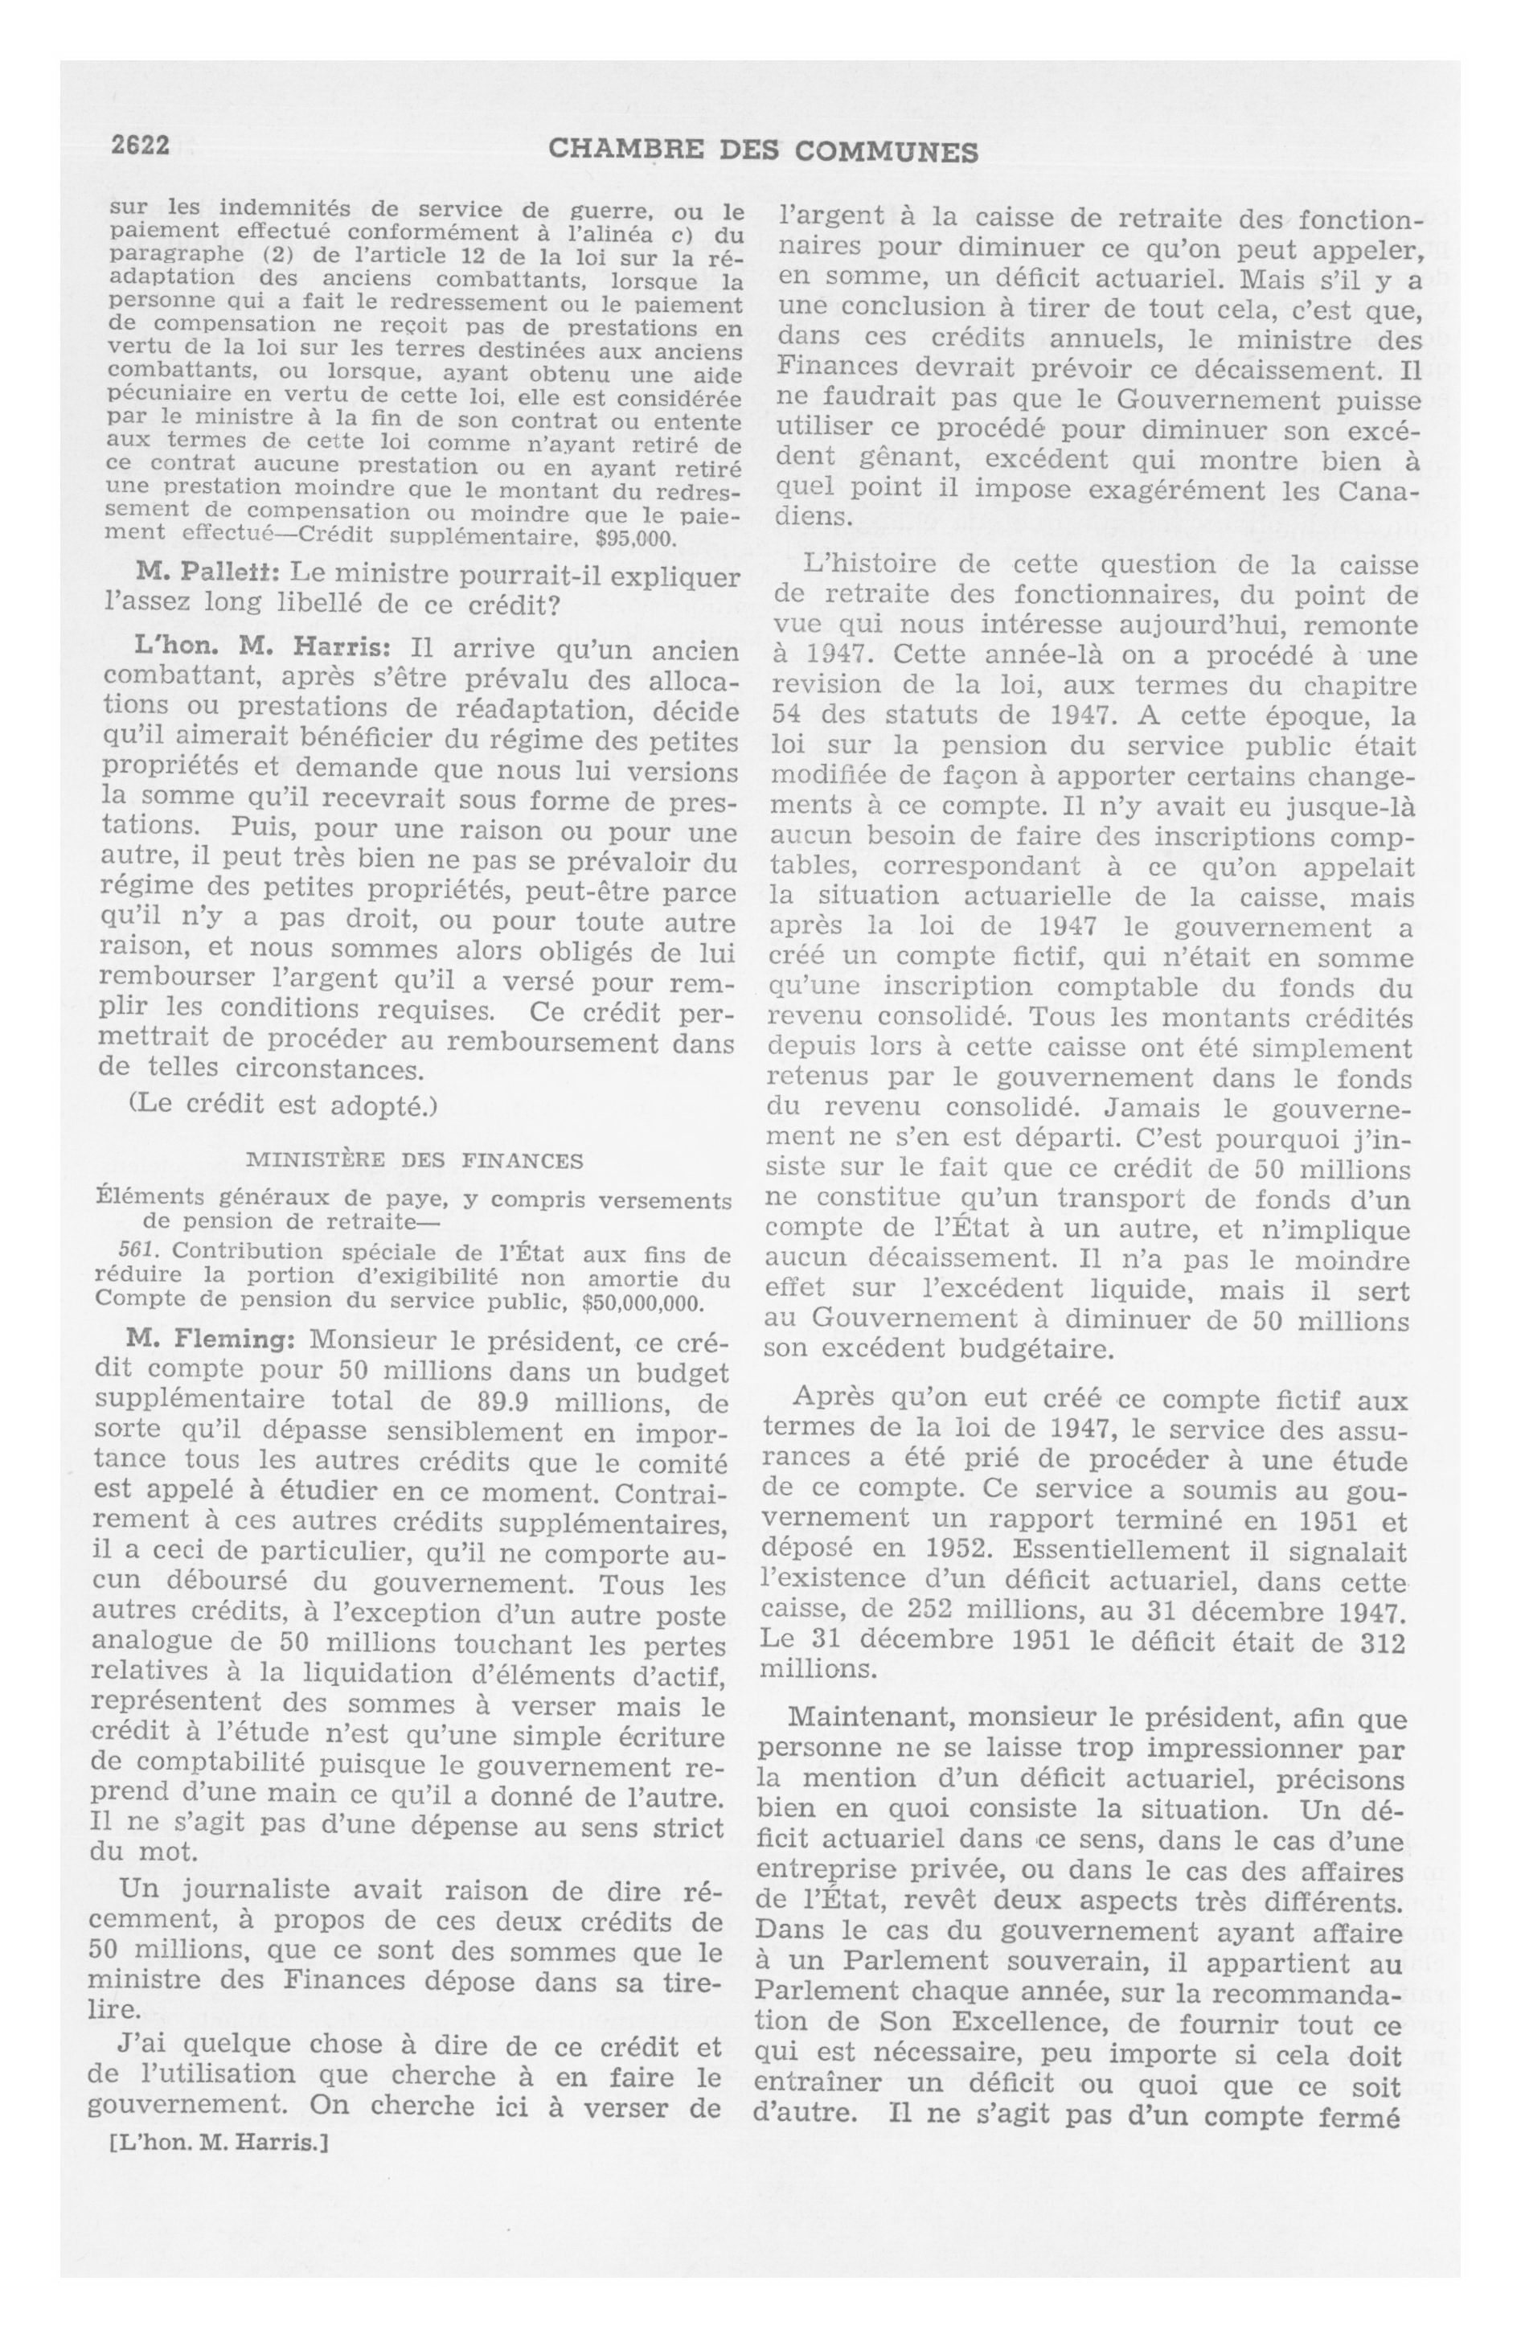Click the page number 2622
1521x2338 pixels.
pos(141,146)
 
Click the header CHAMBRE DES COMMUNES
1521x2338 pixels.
pos(762,150)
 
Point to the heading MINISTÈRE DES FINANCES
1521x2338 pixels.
pos(414,1160)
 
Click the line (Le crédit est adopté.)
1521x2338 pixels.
pos(282,1104)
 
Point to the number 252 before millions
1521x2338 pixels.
pos(934,1612)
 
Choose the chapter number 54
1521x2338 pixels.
pos(785,716)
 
